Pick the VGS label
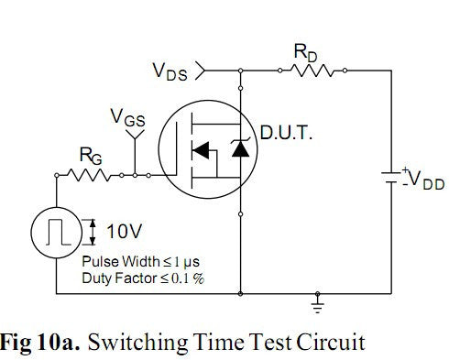coord(127,116)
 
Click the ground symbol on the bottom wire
coord(318,300)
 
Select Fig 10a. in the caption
coord(43,342)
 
